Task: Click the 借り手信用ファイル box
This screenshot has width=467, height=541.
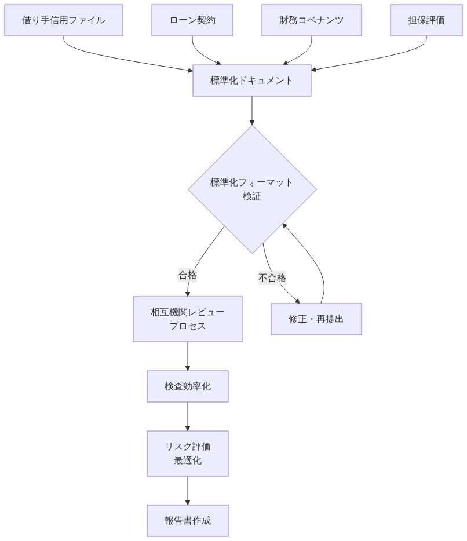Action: click(x=64, y=20)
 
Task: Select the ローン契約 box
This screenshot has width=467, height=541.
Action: click(x=192, y=20)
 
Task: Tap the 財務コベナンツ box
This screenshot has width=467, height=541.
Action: click(x=311, y=20)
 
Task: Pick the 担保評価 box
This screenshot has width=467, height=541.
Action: click(x=426, y=20)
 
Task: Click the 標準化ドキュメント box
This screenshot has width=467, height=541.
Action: click(x=252, y=81)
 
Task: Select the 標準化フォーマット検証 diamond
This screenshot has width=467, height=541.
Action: click(x=252, y=189)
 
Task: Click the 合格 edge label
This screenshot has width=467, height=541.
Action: click(x=188, y=276)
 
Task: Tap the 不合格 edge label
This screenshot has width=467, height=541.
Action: click(x=272, y=278)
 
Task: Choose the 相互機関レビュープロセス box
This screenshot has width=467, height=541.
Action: click(x=188, y=319)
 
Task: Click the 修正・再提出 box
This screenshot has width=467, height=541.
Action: click(x=316, y=319)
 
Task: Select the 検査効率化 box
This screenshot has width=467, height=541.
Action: click(x=188, y=386)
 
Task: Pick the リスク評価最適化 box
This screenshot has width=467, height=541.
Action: click(x=188, y=454)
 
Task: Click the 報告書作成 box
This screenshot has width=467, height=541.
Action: click(x=188, y=521)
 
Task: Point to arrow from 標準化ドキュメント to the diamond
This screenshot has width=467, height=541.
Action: click(x=252, y=110)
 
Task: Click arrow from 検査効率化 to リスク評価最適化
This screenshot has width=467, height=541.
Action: click(x=188, y=416)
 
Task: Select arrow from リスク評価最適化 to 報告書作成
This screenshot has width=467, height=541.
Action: click(x=188, y=490)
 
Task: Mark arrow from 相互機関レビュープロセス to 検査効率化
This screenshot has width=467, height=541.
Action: click(x=188, y=356)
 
